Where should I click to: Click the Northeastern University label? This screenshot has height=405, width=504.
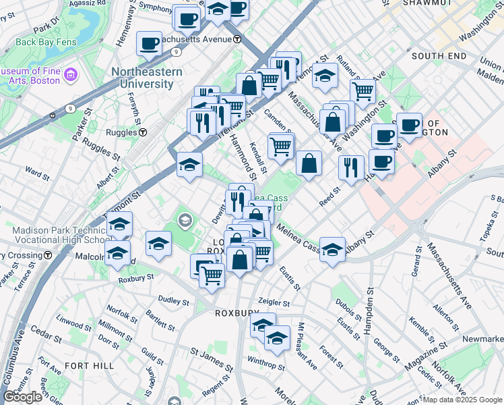point(141,78)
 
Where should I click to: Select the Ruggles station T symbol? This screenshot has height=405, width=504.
point(143,133)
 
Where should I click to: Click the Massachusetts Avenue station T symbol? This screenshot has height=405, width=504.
point(237,39)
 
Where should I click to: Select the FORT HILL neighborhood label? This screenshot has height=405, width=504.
point(86,365)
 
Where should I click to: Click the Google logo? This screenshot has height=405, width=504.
point(22,397)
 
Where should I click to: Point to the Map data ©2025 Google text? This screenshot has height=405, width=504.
point(462,400)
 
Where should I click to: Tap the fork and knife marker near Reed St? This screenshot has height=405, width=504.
point(351,167)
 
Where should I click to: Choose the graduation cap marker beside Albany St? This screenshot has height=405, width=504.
point(332,250)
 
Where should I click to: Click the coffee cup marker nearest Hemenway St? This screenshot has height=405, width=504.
point(149,44)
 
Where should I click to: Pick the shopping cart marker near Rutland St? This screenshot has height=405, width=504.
point(363,90)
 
